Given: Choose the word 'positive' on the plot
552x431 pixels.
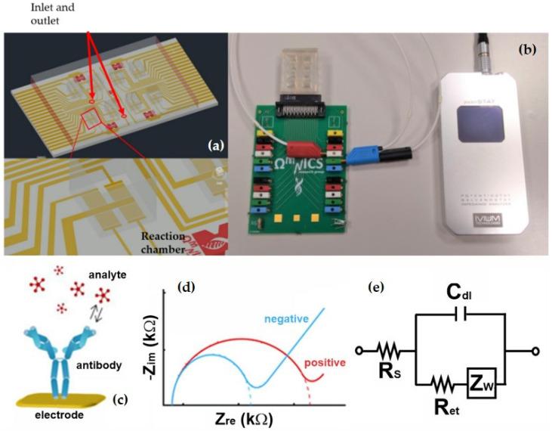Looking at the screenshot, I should pyautogui.click(x=325, y=364).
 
